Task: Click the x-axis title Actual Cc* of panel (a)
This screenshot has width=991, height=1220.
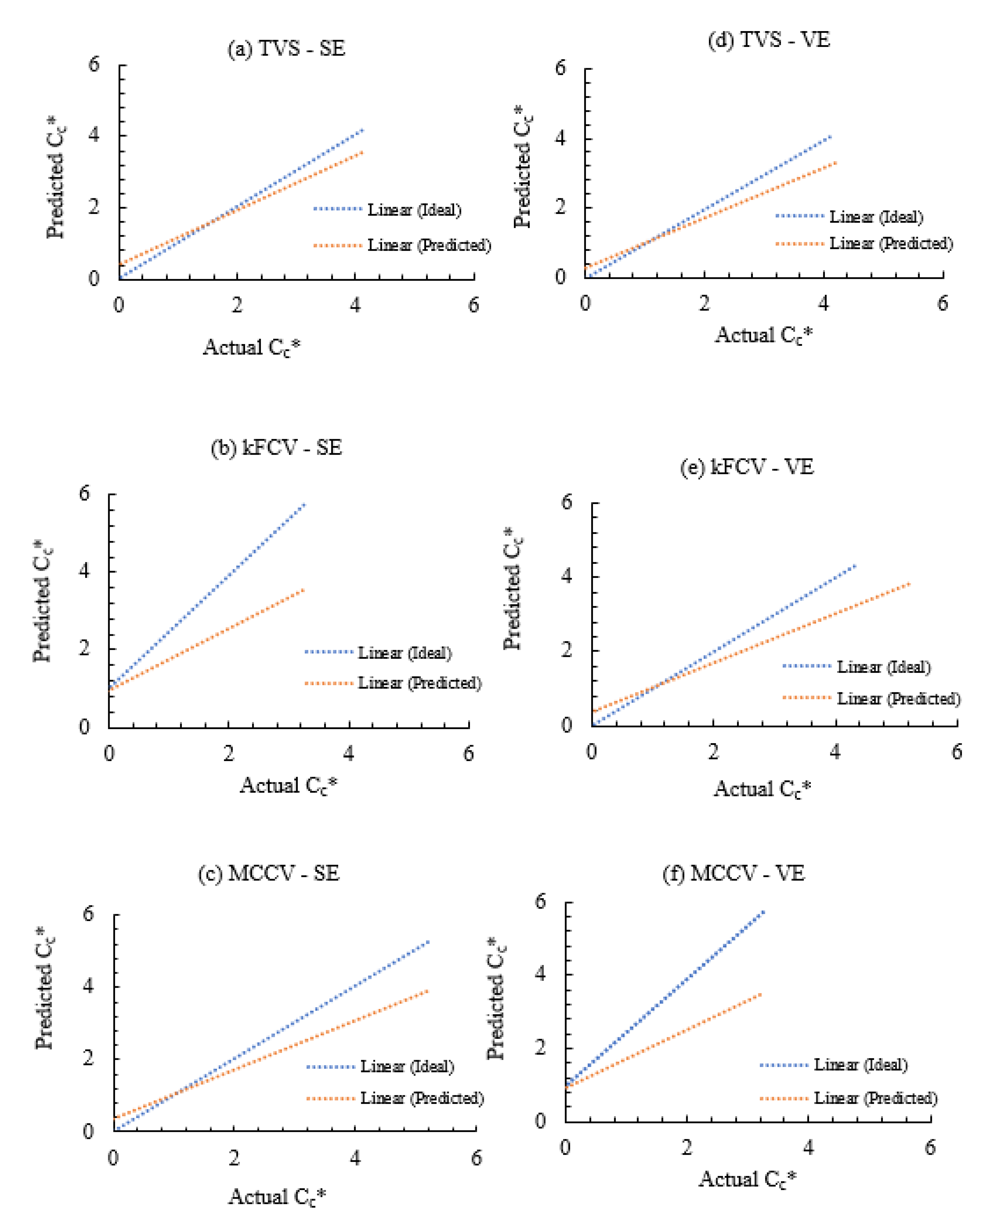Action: (x=252, y=347)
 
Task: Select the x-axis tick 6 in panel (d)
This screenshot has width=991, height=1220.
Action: (x=943, y=303)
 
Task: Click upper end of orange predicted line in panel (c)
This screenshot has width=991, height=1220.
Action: (x=428, y=991)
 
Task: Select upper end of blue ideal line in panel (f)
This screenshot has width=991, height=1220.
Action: (x=764, y=911)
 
